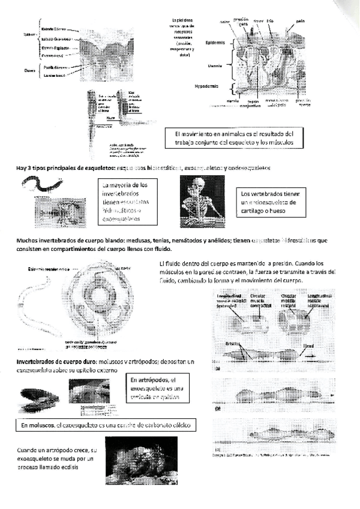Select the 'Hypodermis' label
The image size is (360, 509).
[206, 86]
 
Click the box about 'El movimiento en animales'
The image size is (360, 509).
[233, 137]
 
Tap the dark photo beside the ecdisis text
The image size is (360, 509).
[141, 461]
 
